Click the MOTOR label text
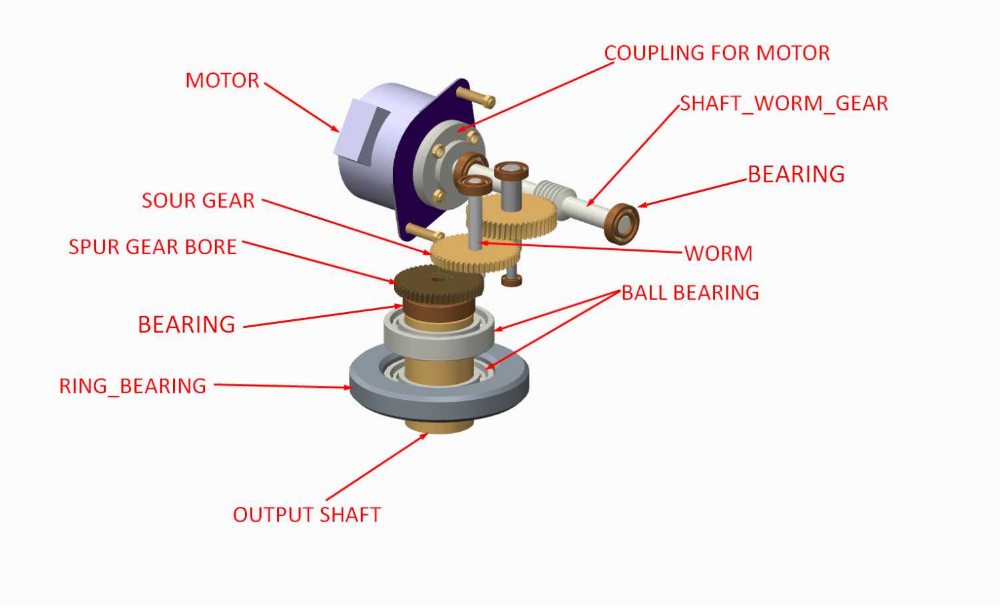(222, 80)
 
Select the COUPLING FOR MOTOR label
(717, 53)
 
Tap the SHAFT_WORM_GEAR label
(784, 104)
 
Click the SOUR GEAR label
(198, 200)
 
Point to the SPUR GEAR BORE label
(152, 247)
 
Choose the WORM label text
(718, 253)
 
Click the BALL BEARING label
(690, 293)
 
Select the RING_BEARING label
(133, 386)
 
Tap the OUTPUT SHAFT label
(307, 515)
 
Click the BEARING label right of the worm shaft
(796, 174)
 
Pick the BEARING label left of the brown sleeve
(186, 324)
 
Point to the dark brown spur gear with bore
(439, 283)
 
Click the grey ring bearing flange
(439, 392)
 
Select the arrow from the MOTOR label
(302, 108)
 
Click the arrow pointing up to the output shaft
(377, 467)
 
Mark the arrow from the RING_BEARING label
(283, 386)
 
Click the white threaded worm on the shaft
(553, 194)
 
